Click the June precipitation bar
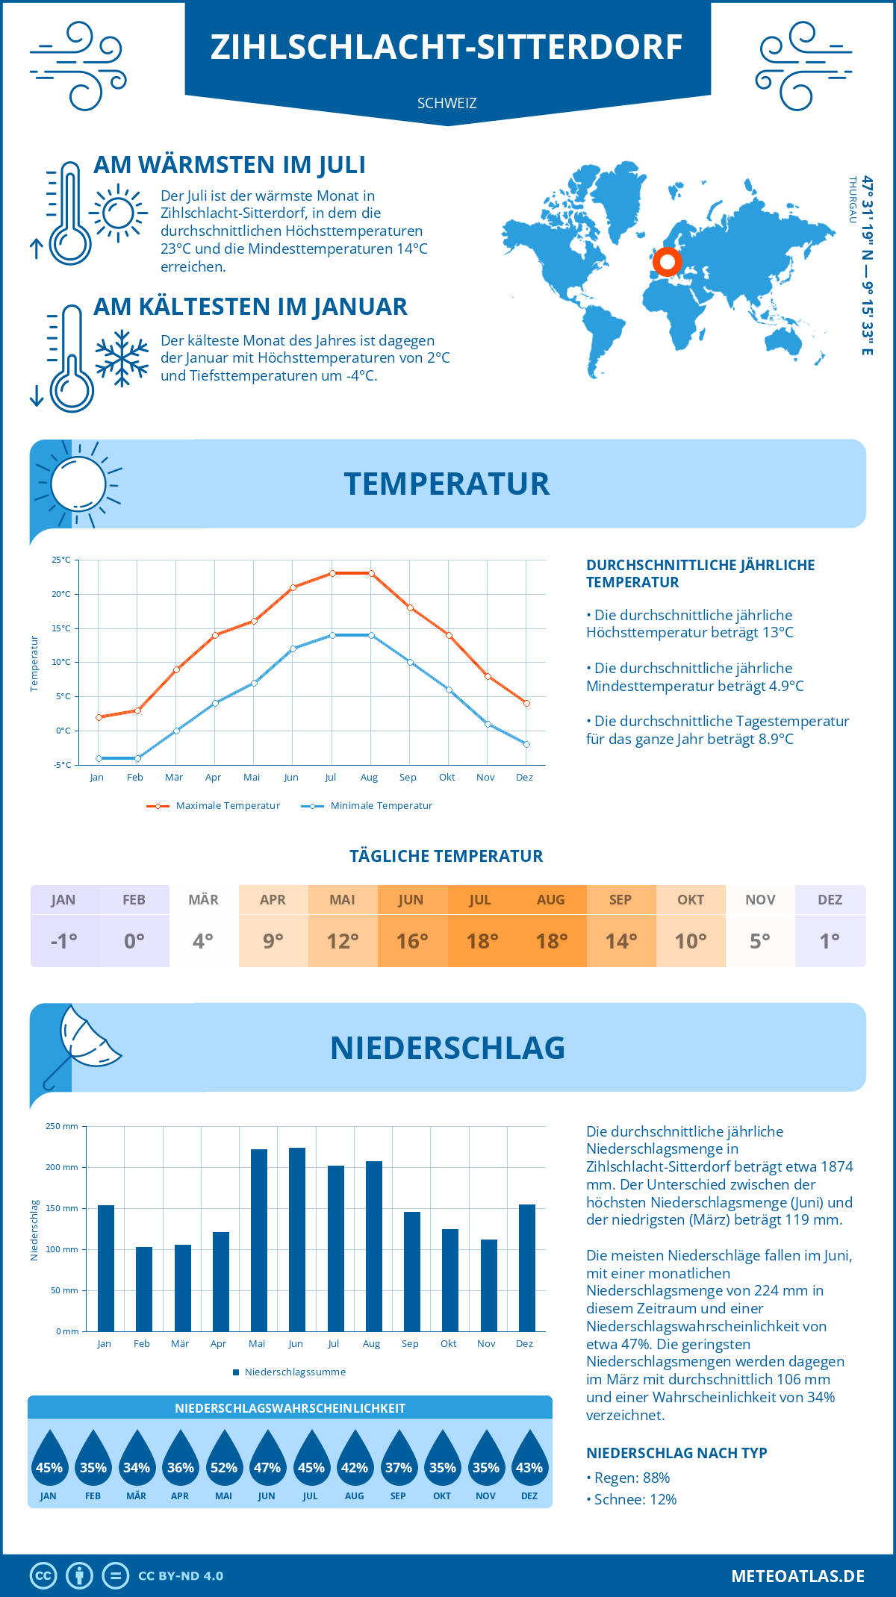tap(297, 1240)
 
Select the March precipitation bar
tap(182, 1288)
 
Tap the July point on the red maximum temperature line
tap(332, 573)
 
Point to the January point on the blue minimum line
tap(99, 758)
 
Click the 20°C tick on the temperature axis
tap(61, 594)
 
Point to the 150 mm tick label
tap(61, 1208)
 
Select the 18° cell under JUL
tap(482, 941)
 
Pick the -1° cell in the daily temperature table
tap(64, 941)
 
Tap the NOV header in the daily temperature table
tap(760, 900)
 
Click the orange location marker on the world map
tap(667, 262)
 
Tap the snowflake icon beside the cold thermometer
tap(122, 358)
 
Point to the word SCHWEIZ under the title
tap(447, 103)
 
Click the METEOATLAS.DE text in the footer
tap(797, 1576)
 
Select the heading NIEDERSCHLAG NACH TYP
tap(676, 1453)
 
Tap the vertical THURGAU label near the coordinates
tap(852, 200)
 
